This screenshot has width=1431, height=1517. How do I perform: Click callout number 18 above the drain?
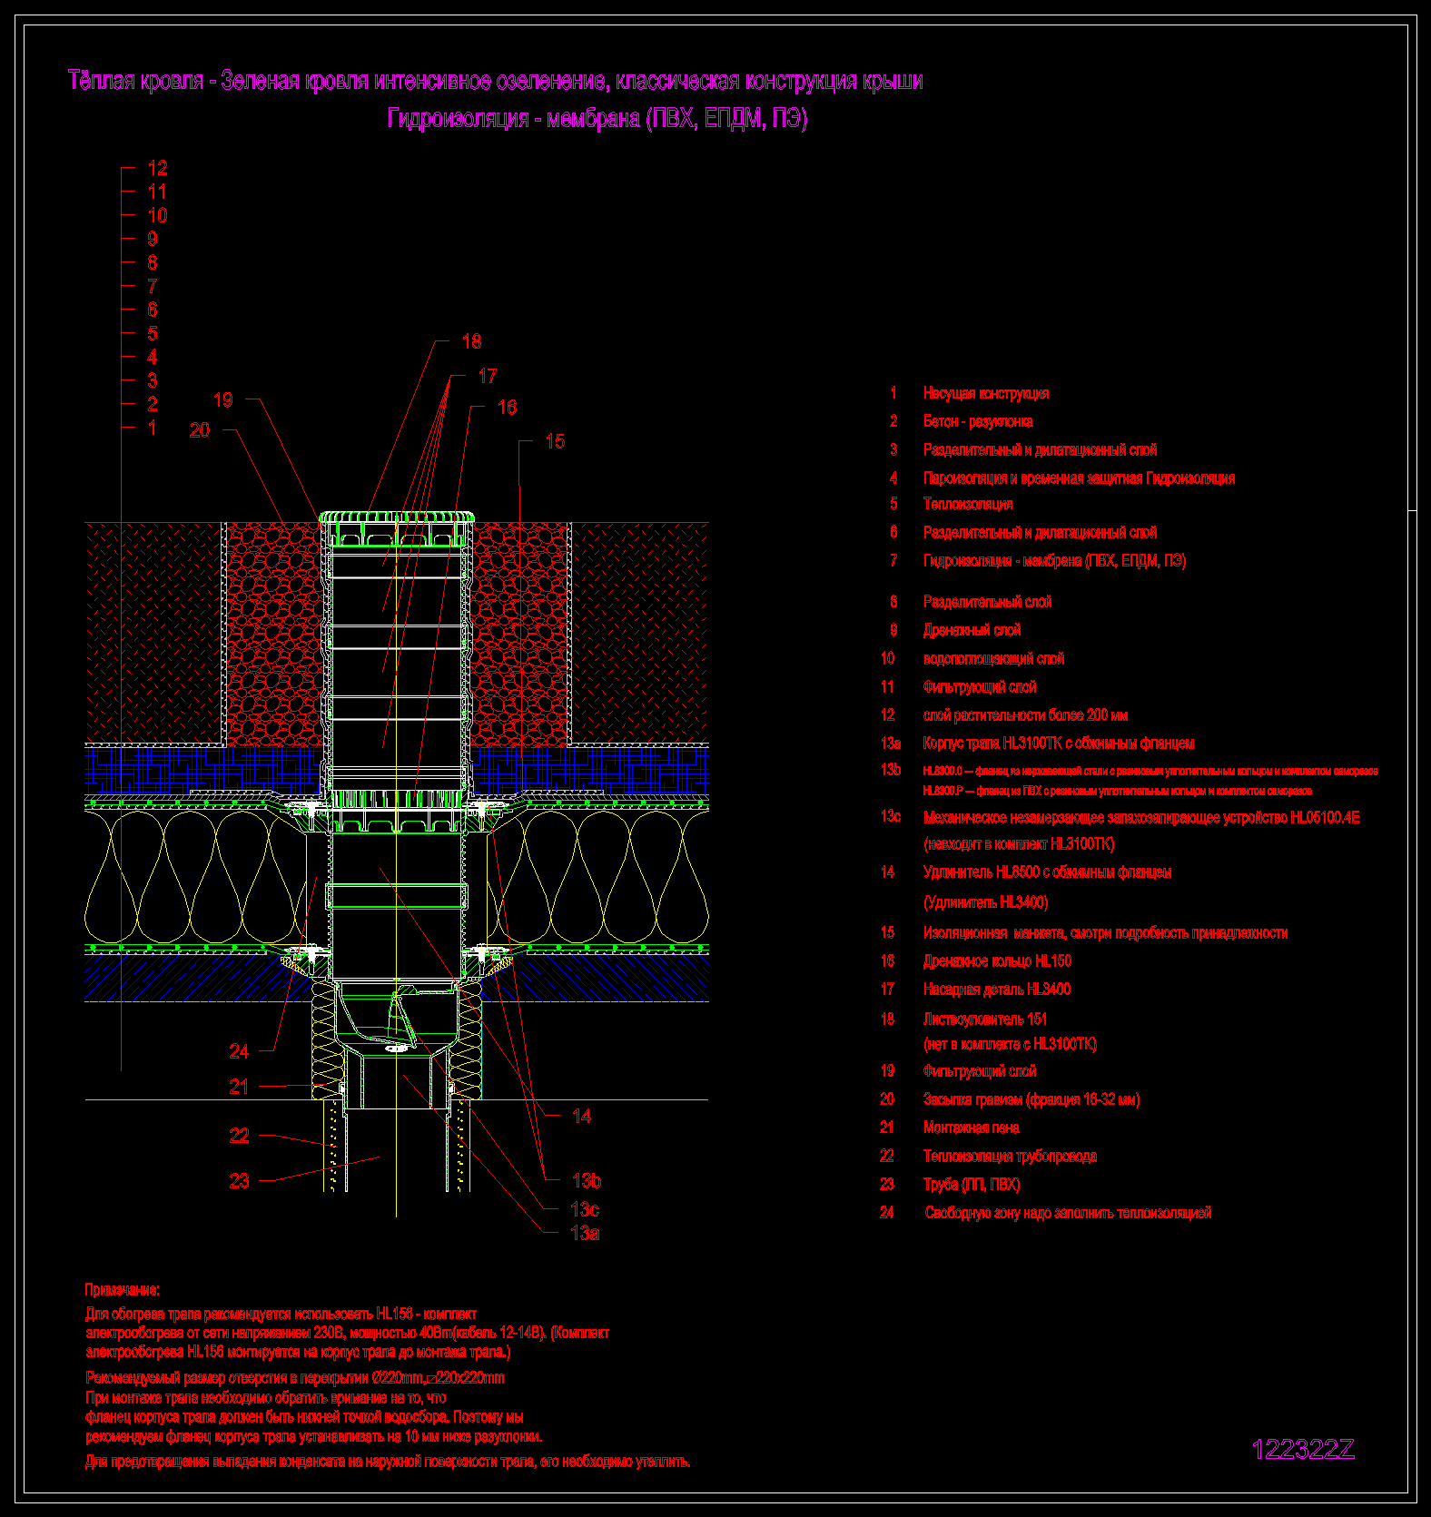tap(471, 341)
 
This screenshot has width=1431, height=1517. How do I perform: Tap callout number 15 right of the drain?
tap(555, 441)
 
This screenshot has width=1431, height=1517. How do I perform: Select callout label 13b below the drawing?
tap(587, 1180)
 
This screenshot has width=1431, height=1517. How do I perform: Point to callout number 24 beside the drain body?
tap(239, 1051)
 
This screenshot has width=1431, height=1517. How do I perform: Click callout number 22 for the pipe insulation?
tap(239, 1136)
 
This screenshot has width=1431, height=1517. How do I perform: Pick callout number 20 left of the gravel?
tap(200, 430)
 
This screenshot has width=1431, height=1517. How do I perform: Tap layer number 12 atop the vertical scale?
tap(157, 168)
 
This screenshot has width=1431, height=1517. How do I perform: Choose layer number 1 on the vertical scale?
tap(153, 428)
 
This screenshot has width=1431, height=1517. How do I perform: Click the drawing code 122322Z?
tap(1303, 1450)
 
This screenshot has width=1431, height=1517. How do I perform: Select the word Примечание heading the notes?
tap(123, 1290)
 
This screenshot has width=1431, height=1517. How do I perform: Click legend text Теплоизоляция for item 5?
tap(968, 504)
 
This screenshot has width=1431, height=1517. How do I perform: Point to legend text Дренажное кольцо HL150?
tap(997, 960)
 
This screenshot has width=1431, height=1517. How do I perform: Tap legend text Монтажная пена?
tap(971, 1128)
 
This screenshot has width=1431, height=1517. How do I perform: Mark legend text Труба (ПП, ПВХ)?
tap(972, 1185)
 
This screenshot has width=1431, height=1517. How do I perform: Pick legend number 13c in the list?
tap(890, 816)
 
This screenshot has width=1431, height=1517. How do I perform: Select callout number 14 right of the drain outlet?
tap(582, 1116)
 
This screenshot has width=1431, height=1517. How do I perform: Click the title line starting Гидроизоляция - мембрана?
tap(597, 119)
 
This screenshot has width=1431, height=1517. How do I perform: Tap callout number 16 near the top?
tap(508, 408)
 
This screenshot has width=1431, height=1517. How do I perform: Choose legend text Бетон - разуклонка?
tap(978, 421)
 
